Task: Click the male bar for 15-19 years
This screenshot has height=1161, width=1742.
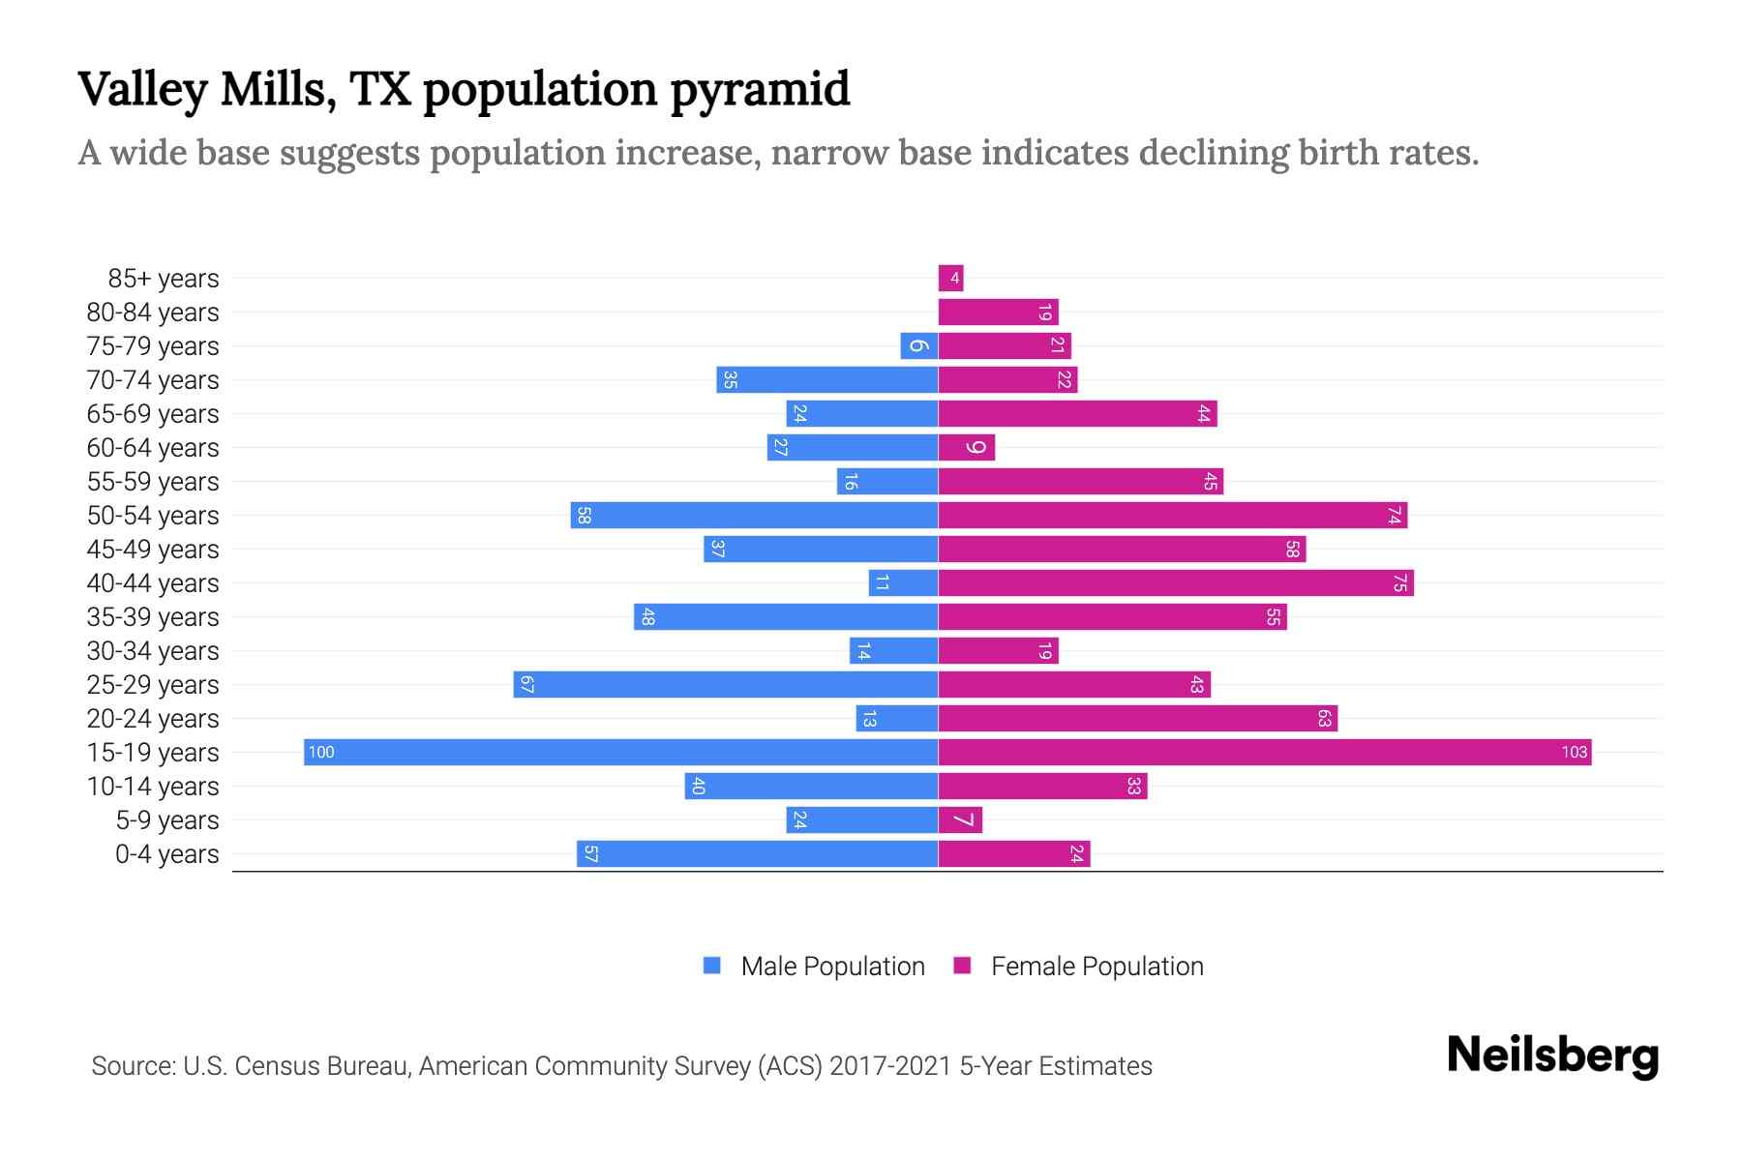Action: [619, 752]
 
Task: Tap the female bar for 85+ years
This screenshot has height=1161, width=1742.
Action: [949, 278]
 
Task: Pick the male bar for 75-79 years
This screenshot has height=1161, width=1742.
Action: [918, 345]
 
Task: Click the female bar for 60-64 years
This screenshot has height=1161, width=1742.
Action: [965, 447]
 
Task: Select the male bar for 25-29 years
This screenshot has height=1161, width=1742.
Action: [726, 684]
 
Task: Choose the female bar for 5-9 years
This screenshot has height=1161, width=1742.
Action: [959, 819]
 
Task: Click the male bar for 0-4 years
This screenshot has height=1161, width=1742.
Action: [757, 853]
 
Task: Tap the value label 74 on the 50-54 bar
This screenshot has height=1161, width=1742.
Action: [1394, 515]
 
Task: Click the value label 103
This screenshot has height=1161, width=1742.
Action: [1574, 752]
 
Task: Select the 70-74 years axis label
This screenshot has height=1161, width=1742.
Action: [153, 379]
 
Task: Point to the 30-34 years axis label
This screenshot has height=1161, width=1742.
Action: [153, 650]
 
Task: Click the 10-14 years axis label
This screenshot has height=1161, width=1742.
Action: [153, 786]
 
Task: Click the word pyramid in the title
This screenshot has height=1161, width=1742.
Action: [760, 90]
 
